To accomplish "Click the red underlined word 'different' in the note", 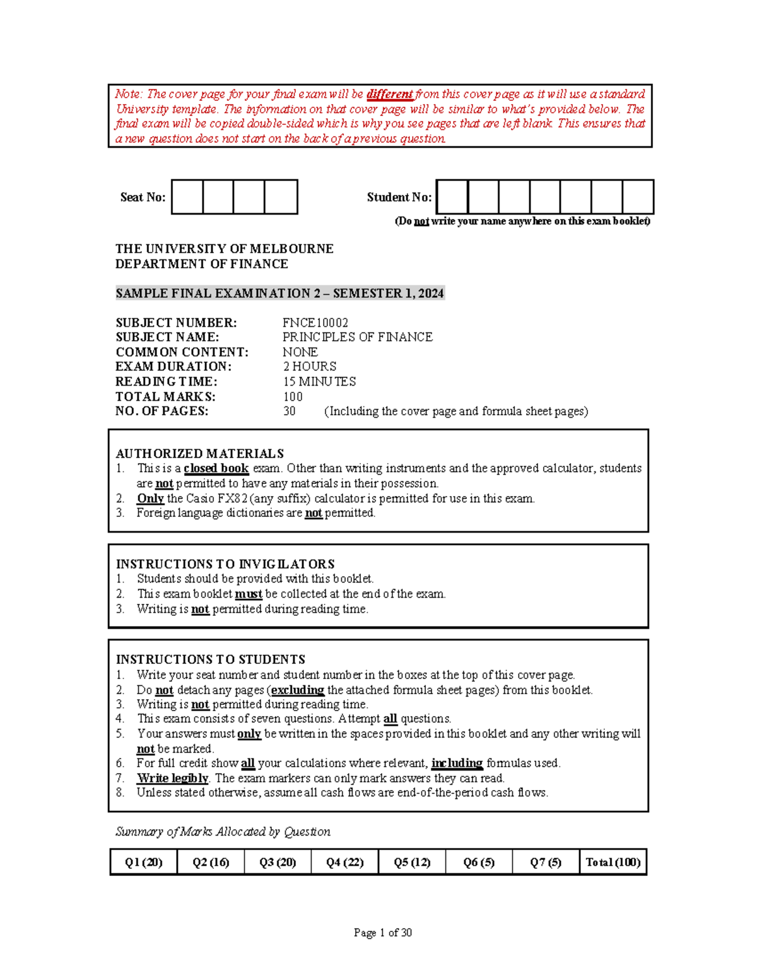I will (389, 94).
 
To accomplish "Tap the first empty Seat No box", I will (187, 197).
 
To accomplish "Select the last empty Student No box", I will (637, 197).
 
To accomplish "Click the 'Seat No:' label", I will (143, 198).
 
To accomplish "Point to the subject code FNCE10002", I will (315, 322).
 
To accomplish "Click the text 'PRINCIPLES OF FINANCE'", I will (357, 337).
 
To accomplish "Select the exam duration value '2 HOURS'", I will (309, 367).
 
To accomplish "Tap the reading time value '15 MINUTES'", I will (319, 382).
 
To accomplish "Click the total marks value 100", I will (293, 396).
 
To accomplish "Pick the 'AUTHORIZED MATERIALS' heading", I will (199, 453).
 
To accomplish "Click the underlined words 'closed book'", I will (216, 468).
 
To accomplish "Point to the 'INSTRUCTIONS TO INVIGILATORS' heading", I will (225, 564).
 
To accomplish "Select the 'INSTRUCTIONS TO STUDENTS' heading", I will (210, 659).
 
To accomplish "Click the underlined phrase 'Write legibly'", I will (172, 778).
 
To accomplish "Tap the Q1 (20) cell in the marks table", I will (144, 862).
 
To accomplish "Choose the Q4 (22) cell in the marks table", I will (344, 862).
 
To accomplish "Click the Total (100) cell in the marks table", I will (613, 862).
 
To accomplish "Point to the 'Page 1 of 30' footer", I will (382, 933).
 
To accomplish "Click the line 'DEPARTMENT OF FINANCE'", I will (201, 264).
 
